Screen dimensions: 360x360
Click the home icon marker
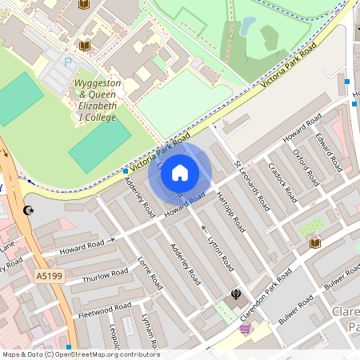point(180,172)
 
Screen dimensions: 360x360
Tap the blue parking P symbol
point(68,62)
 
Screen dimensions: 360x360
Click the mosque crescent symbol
point(30,210)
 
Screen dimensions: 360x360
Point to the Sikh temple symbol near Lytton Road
point(235,294)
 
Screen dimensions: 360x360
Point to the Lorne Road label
point(150,273)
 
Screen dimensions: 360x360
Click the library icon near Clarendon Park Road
point(315,242)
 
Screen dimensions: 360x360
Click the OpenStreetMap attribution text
point(80,354)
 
